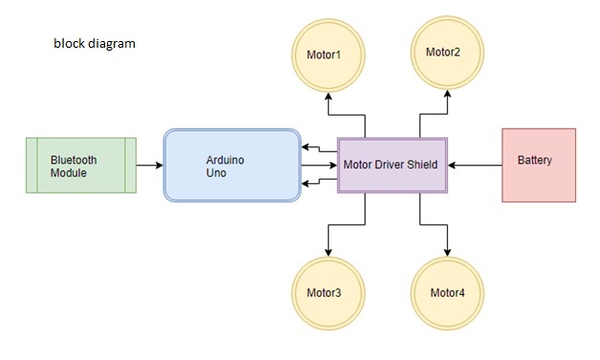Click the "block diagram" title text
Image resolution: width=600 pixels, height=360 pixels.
tap(94, 44)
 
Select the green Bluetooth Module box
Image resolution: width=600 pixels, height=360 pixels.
tap(80, 164)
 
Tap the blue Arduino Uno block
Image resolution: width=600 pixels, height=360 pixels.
tap(232, 164)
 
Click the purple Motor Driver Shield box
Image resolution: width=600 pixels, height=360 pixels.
tap(391, 164)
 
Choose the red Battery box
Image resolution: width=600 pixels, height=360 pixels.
tap(539, 164)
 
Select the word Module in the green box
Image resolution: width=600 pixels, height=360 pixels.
tap(69, 173)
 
